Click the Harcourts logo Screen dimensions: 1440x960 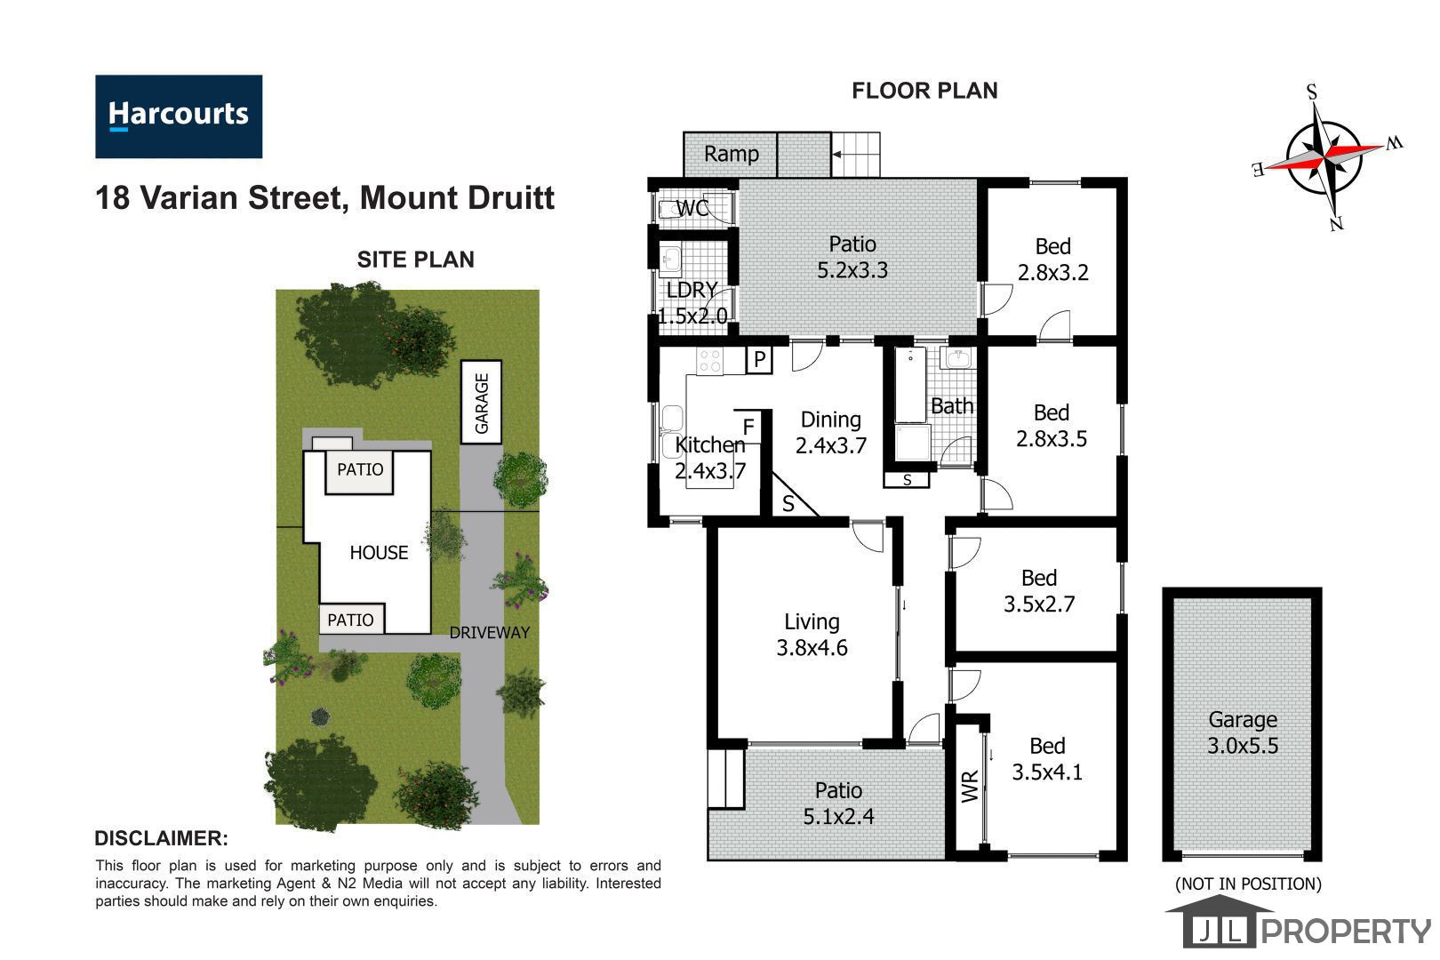[179, 116]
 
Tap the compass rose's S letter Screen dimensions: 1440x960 [1311, 92]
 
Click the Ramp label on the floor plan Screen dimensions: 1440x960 [731, 154]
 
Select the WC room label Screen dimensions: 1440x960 [692, 208]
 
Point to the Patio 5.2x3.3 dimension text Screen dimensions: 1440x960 [852, 270]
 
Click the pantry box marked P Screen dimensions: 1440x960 [759, 359]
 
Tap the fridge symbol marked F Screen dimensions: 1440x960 [748, 427]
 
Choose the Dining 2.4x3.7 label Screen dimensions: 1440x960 [830, 433]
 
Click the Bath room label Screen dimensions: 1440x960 [952, 406]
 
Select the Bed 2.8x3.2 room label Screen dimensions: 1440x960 [1052, 260]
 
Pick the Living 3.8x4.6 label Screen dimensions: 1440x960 [812, 635]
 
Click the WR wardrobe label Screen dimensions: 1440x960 [970, 785]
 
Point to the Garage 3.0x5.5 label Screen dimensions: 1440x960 [1243, 732]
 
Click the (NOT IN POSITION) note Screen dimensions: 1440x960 [1248, 884]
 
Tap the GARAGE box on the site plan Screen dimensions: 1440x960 [481, 402]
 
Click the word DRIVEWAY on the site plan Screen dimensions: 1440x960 [489, 633]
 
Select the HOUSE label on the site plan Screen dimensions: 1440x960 [379, 552]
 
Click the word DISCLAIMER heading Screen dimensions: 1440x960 [161, 838]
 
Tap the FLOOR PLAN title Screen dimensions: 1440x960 [924, 91]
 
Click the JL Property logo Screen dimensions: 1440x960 [1299, 921]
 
